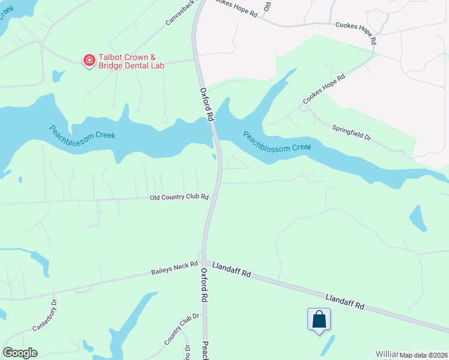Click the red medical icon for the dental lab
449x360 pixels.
click(89, 60)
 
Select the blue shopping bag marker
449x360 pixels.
click(319, 319)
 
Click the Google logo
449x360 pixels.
click(20, 353)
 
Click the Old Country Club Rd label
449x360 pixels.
click(179, 197)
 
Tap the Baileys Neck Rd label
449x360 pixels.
click(175, 269)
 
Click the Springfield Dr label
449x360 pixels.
click(352, 133)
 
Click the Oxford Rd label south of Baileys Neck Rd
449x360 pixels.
click(204, 284)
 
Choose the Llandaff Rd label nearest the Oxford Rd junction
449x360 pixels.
click(231, 269)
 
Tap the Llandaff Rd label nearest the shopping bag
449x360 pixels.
click(345, 301)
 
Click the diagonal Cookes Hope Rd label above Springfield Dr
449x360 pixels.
click(324, 88)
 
